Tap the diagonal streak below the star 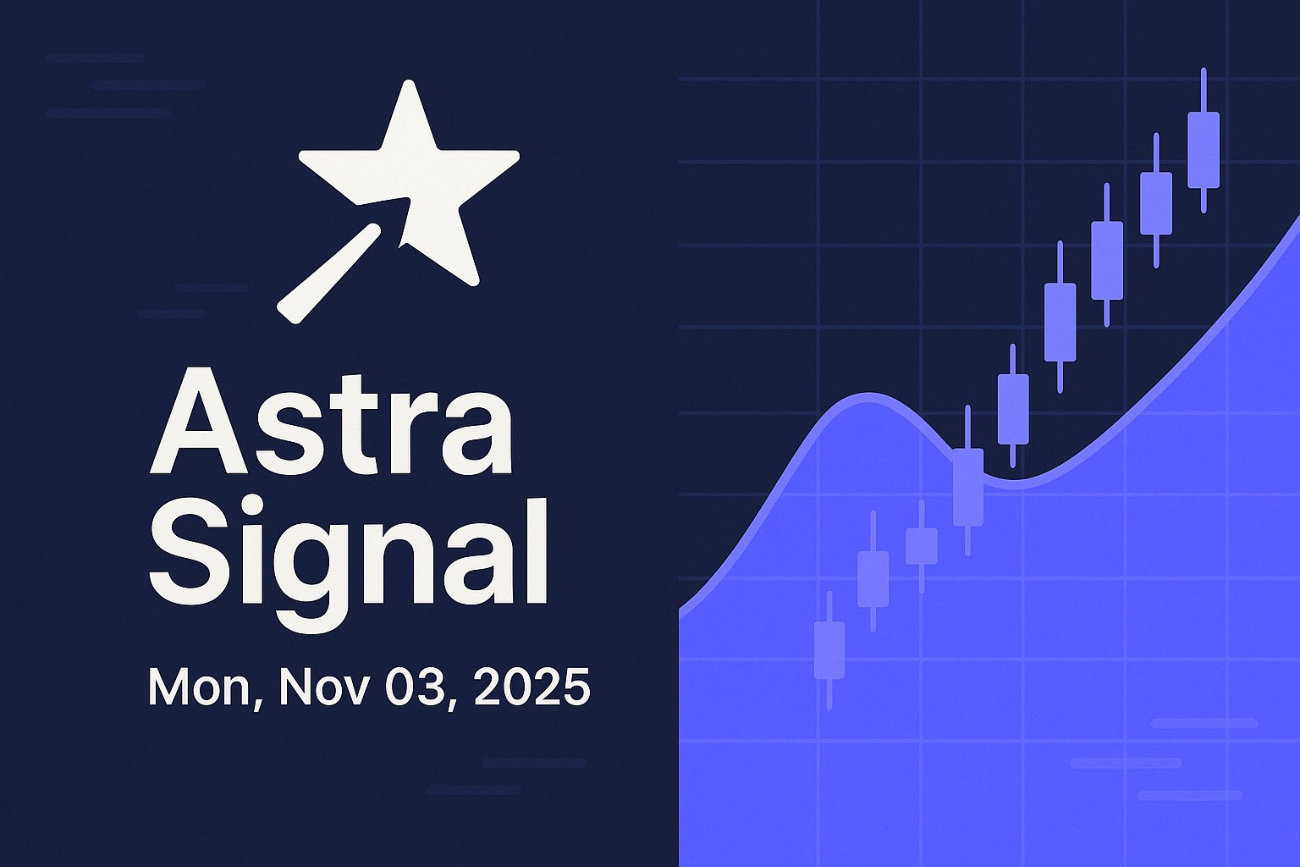pos(328,273)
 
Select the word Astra pos(331,422)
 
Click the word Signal pos(348,552)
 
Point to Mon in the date pos(197,687)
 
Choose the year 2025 pos(532,687)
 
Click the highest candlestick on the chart pos(1203,149)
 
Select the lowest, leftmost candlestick pos(829,650)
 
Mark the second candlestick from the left pos(873,579)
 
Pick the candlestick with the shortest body pos(922,546)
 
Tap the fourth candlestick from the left pos(967,487)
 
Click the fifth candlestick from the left pos(1013,409)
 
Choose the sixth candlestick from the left pos(1060,322)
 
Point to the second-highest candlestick pos(1156,203)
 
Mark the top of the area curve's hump pos(868,395)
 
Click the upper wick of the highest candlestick pos(1203,90)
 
